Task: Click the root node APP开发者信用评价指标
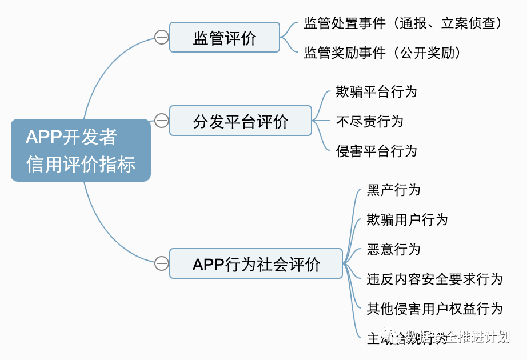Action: [x=81, y=150]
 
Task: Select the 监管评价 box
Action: [x=225, y=38]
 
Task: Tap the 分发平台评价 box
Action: [x=241, y=121]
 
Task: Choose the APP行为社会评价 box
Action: [x=256, y=263]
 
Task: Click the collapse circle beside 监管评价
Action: [x=162, y=38]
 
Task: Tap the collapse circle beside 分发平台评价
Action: [x=162, y=121]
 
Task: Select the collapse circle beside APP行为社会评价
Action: [x=162, y=263]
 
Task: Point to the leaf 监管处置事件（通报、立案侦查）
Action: [x=403, y=23]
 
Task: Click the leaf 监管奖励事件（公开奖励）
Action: [x=382, y=53]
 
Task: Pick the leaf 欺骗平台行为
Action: [x=376, y=91]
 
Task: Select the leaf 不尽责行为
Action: [x=369, y=121]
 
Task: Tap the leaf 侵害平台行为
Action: [x=376, y=151]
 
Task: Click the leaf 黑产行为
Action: [x=393, y=190]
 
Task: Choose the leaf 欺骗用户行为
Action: [x=407, y=220]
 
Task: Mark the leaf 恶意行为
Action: [x=393, y=250]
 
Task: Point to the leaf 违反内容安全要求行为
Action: [x=434, y=279]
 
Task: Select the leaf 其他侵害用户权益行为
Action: [x=434, y=309]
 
